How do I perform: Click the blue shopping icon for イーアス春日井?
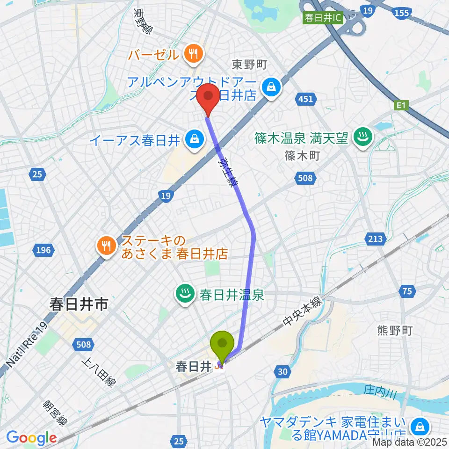tap(193, 140)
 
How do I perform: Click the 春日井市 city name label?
tap(79, 305)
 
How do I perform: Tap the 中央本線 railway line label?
tap(302, 312)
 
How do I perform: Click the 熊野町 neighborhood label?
tap(394, 331)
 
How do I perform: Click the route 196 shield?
tap(43, 251)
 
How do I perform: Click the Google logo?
tap(31, 438)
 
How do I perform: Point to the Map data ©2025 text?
tap(409, 442)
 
